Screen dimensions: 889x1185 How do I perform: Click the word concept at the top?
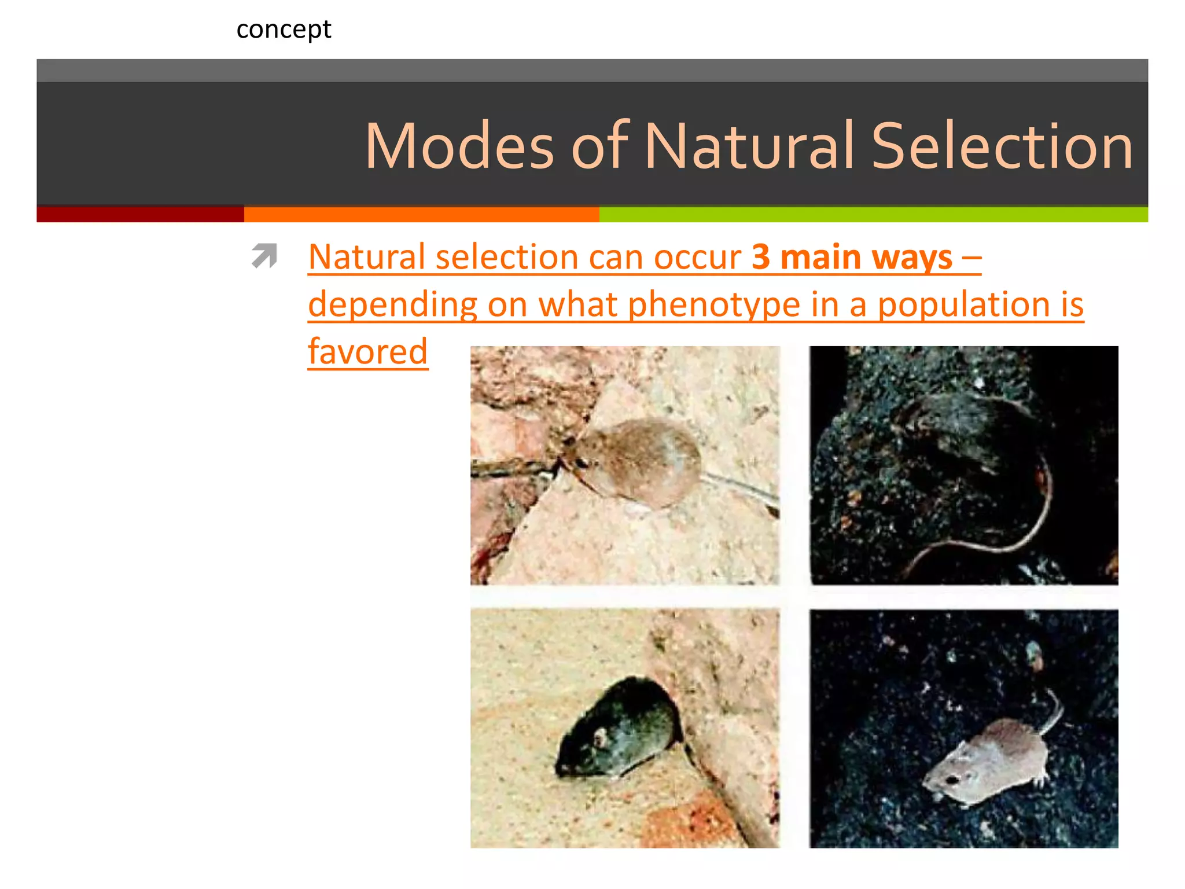coord(284,30)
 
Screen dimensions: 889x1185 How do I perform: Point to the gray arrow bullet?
coord(264,256)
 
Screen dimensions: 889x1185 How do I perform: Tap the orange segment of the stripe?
coord(421,214)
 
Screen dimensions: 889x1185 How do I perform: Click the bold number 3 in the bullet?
coord(761,257)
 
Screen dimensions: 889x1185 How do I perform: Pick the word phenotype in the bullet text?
coord(714,304)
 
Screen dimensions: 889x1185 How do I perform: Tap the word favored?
coord(368,352)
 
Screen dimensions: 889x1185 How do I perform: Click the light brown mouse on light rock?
coord(636,463)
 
